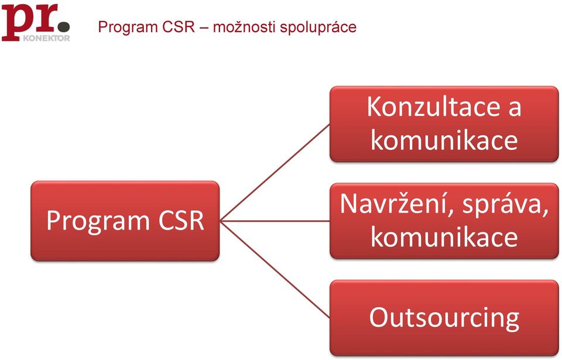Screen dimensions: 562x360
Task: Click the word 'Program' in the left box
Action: click(98, 221)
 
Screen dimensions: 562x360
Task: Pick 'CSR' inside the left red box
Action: click(181, 220)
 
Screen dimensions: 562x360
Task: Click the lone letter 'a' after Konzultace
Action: click(515, 109)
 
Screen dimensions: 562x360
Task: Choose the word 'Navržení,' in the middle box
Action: click(397, 204)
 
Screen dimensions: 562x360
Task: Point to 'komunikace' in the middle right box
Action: click(444, 236)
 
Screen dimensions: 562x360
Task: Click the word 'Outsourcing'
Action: click(444, 318)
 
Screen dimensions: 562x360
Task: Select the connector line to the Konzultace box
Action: click(275, 173)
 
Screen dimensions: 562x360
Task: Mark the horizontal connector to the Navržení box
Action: click(275, 221)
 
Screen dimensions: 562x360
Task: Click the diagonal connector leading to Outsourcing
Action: click(275, 270)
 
